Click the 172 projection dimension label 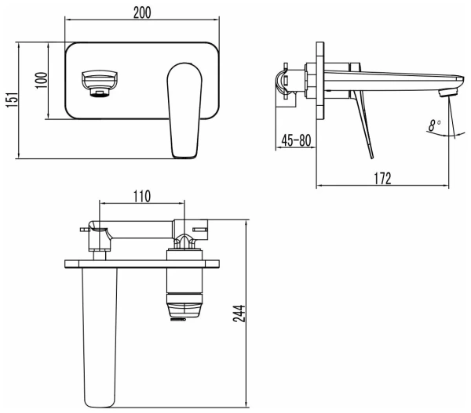click(x=382, y=179)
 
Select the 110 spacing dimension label click(x=141, y=197)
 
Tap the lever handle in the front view click(x=185, y=110)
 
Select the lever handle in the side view click(x=363, y=121)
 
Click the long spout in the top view click(x=98, y=329)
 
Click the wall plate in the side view click(x=320, y=78)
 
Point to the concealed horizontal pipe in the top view click(x=141, y=228)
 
